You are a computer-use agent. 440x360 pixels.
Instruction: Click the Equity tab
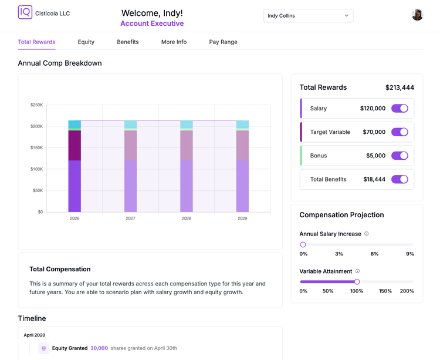pyautogui.click(x=86, y=42)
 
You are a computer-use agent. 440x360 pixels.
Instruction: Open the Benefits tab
pyautogui.click(x=128, y=42)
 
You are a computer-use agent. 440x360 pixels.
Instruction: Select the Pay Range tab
pyautogui.click(x=223, y=42)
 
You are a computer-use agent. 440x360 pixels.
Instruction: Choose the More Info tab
pyautogui.click(x=174, y=42)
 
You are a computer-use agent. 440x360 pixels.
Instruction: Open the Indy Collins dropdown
pyautogui.click(x=308, y=16)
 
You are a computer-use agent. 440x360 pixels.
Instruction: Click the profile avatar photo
pyautogui.click(x=417, y=15)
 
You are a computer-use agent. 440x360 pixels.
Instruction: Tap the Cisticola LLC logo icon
pyautogui.click(x=25, y=12)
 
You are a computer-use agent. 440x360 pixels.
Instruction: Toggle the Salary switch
pyautogui.click(x=400, y=109)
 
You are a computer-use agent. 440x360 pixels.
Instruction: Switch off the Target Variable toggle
pyautogui.click(x=400, y=132)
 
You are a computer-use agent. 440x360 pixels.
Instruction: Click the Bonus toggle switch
pyautogui.click(x=400, y=156)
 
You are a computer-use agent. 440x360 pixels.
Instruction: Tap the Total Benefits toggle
pyautogui.click(x=400, y=179)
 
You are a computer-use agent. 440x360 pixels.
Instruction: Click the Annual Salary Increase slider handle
pyautogui.click(x=303, y=244)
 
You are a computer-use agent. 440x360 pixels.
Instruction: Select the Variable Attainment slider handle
pyautogui.click(x=357, y=282)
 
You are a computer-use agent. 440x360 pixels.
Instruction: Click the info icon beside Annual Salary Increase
pyautogui.click(x=367, y=234)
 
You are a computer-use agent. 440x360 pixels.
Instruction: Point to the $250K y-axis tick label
pyautogui.click(x=37, y=105)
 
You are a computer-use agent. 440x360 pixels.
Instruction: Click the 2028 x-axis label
pyautogui.click(x=187, y=218)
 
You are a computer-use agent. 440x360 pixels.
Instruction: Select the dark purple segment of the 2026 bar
pyautogui.click(x=75, y=146)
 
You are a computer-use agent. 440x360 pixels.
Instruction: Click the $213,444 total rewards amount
pyautogui.click(x=400, y=88)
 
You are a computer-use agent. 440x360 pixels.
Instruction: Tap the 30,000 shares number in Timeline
pyautogui.click(x=99, y=348)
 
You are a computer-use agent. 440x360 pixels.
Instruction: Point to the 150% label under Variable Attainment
pyautogui.click(x=385, y=291)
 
